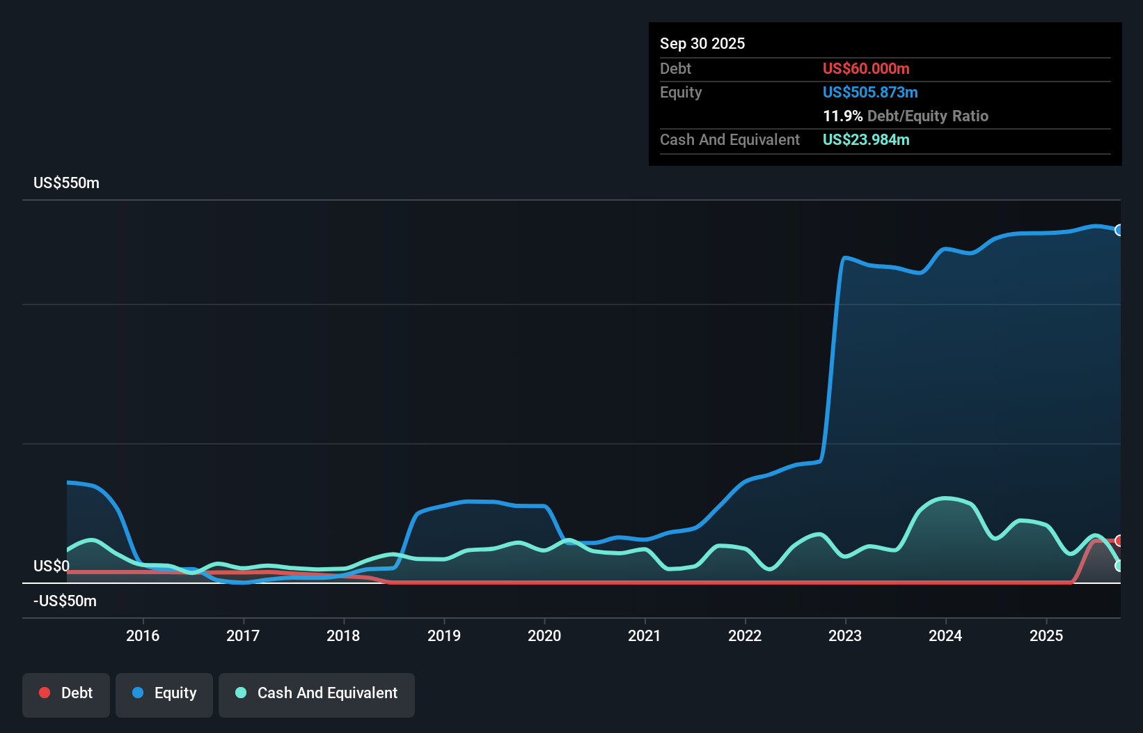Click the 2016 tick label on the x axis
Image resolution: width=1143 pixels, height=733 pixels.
[143, 635]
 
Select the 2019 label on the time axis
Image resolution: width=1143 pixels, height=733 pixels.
[443, 635]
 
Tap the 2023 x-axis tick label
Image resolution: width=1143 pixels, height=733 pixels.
[845, 635]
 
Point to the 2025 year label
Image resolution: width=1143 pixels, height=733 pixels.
[1046, 635]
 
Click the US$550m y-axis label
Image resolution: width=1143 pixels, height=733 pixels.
[66, 183]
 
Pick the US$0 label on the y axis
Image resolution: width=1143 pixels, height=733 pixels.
[51, 566]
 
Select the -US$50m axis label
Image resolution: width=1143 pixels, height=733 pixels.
[65, 601]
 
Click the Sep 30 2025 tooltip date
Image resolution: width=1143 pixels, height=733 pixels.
[702, 44]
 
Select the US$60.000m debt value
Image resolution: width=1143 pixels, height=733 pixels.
[865, 69]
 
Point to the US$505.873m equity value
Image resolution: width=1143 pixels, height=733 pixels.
[869, 93]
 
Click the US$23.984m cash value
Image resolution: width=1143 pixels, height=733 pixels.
[865, 140]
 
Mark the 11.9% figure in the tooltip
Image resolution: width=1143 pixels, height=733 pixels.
[842, 116]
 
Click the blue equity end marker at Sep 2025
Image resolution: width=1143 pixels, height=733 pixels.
[1119, 231]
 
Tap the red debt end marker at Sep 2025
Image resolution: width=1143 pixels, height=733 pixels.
[1119, 541]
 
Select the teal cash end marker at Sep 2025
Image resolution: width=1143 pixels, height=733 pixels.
[1119, 566]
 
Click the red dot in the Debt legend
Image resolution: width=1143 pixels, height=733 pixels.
[45, 693]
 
